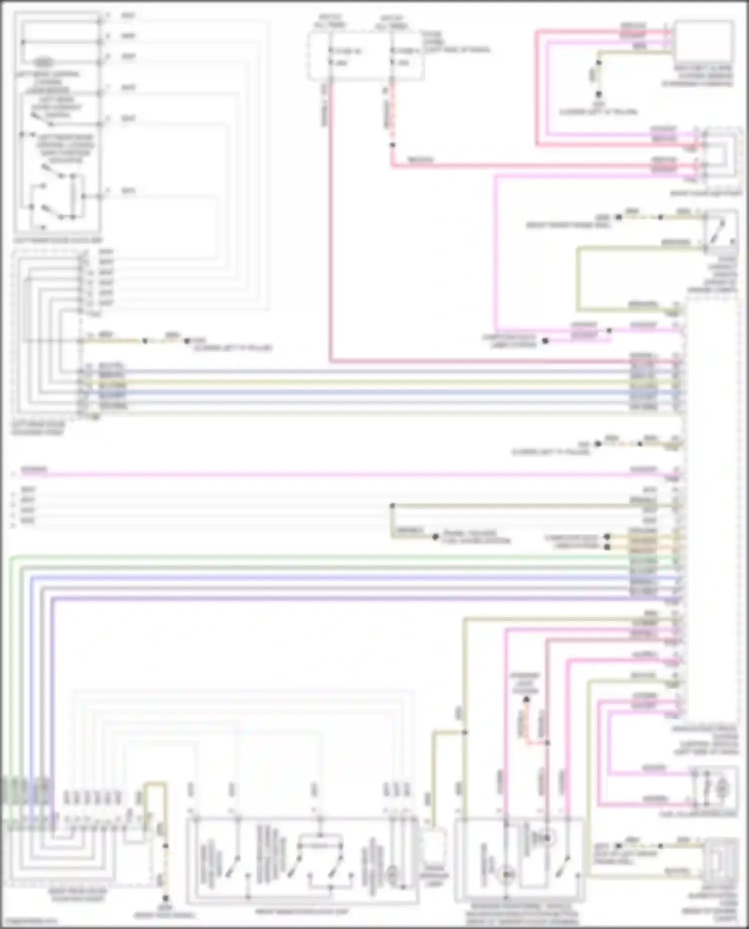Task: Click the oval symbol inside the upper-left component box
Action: click(44, 63)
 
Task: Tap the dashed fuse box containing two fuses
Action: click(366, 56)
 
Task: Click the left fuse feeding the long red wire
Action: click(331, 56)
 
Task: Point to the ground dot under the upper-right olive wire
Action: click(598, 94)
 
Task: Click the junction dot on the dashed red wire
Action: click(392, 145)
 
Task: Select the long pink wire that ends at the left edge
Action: click(300, 474)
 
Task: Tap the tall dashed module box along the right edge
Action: click(712, 504)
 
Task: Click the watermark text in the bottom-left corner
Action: click(29, 921)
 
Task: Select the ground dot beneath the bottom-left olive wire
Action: click(165, 898)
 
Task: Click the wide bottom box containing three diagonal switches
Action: click(302, 860)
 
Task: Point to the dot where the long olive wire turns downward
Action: click(392, 506)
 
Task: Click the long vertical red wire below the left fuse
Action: click(330, 225)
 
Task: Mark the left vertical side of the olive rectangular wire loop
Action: click(578, 279)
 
